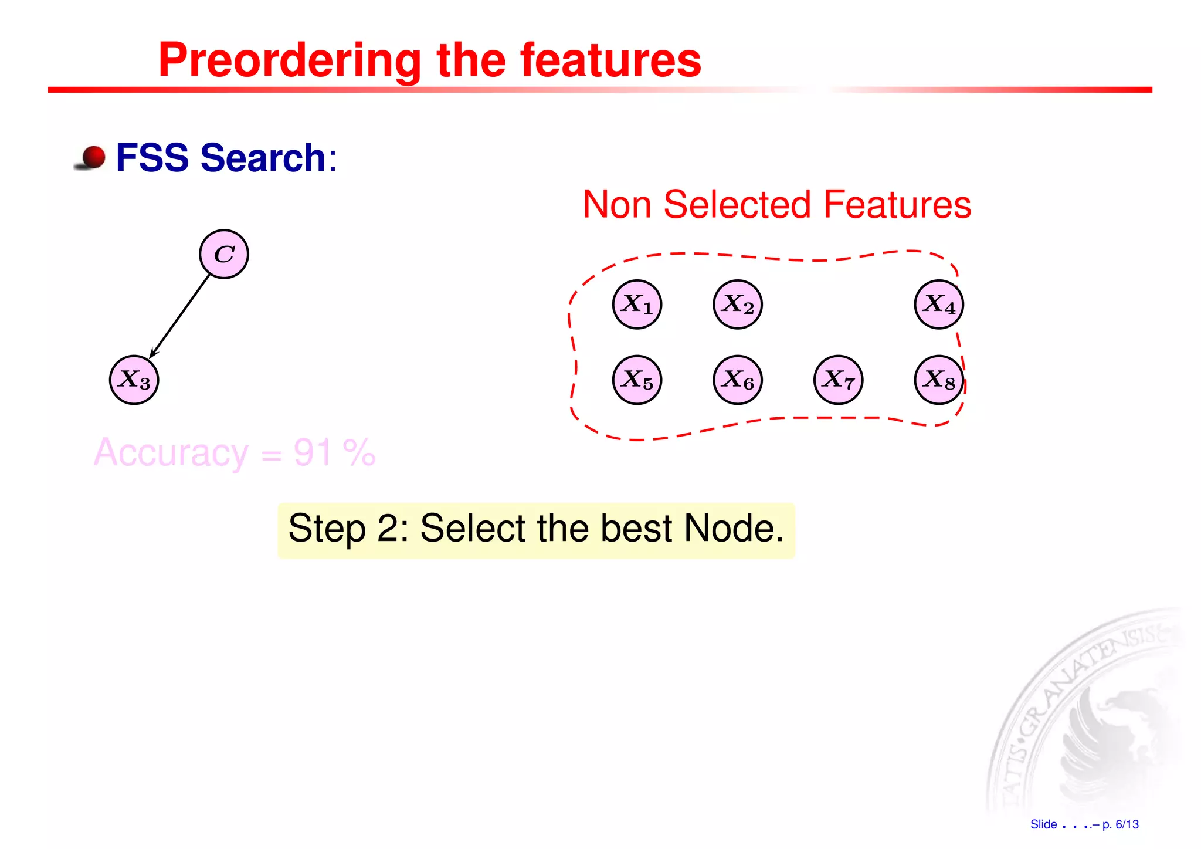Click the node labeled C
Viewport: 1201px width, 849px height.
(x=224, y=254)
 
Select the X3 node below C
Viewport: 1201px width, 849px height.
(x=134, y=380)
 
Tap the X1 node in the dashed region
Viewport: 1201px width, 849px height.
(x=637, y=305)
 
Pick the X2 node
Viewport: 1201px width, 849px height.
(x=738, y=305)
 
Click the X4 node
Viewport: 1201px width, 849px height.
(x=939, y=305)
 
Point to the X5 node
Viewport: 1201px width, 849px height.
(x=637, y=380)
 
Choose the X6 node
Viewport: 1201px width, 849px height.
(x=738, y=380)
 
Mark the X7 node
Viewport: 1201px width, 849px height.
(x=839, y=380)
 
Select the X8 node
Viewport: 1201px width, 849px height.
(x=939, y=380)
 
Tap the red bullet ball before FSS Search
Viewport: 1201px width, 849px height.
(x=93, y=157)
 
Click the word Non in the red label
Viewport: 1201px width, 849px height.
(x=617, y=205)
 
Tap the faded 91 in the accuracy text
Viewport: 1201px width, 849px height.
(x=313, y=452)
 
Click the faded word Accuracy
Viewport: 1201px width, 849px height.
(x=171, y=452)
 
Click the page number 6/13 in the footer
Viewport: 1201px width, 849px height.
(x=1127, y=824)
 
